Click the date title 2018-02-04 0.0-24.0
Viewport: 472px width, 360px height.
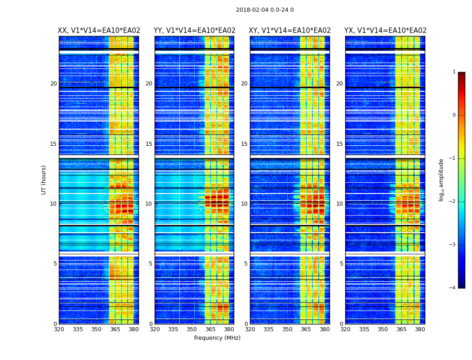point(265,10)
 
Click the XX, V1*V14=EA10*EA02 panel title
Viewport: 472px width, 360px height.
point(99,31)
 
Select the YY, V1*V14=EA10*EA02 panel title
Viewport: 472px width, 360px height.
point(194,31)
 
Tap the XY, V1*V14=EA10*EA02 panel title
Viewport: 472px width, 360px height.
point(290,31)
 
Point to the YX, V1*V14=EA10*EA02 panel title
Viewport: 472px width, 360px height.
point(385,31)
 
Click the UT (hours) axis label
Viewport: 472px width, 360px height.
point(44,180)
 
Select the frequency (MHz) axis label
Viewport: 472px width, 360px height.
point(217,338)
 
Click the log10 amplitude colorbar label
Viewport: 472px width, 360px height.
point(441,180)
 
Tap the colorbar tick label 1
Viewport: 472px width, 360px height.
point(454,72)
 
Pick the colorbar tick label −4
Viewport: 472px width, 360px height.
point(453,288)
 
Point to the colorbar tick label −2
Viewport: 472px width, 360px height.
point(453,202)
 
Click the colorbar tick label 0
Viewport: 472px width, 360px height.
point(454,115)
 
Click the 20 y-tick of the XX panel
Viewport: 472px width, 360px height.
point(53,84)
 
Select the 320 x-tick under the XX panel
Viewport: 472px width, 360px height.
point(59,329)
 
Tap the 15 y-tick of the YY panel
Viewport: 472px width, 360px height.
point(149,144)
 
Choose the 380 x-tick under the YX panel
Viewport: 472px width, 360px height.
point(420,329)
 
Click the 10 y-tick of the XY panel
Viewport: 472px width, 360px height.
point(244,204)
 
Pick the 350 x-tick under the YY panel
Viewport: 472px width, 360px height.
point(192,329)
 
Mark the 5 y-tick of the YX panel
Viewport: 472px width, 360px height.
point(341,264)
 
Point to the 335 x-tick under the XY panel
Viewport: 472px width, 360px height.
point(268,329)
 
